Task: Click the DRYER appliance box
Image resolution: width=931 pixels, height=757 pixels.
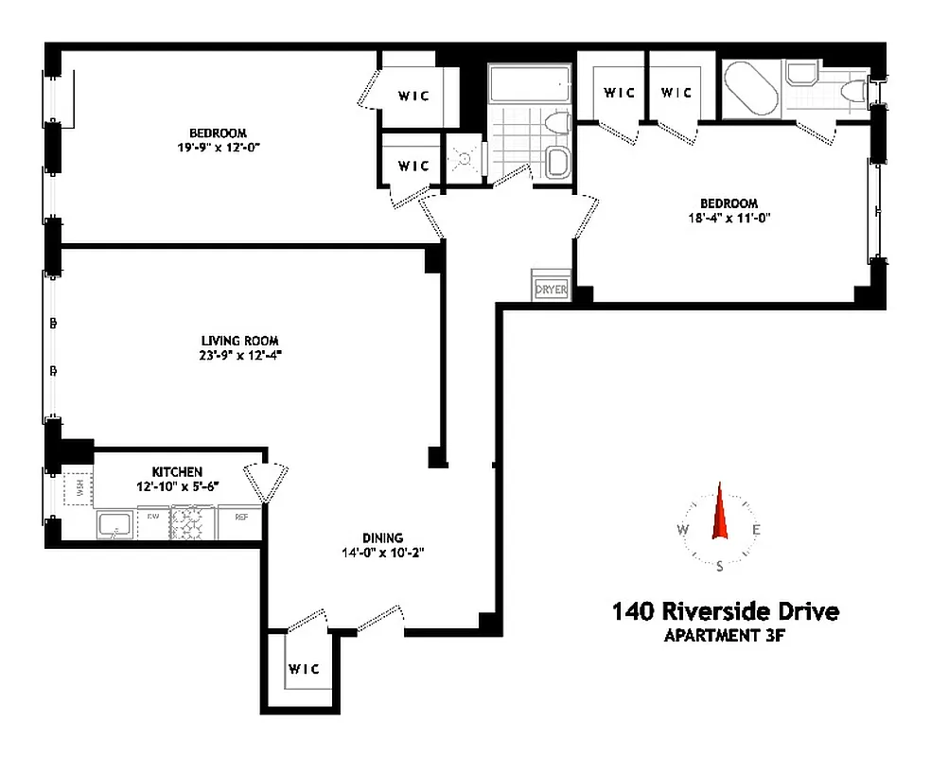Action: point(551,289)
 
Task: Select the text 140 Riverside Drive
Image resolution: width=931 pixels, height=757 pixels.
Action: point(726,612)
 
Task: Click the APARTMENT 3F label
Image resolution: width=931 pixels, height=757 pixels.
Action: point(725,636)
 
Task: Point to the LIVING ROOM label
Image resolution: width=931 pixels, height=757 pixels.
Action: point(239,341)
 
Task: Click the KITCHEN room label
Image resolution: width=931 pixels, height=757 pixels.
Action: point(177,471)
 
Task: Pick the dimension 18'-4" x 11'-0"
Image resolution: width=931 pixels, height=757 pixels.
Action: point(729,219)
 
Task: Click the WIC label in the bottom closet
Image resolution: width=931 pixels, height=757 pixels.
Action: point(305,669)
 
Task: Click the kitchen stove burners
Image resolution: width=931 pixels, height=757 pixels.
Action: point(192,523)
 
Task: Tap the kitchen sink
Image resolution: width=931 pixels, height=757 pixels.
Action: point(116,523)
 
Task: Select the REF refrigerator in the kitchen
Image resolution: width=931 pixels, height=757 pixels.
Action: point(241,518)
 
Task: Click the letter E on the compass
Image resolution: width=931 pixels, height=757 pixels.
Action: point(755,530)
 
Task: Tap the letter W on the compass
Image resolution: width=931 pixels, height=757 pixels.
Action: point(682,530)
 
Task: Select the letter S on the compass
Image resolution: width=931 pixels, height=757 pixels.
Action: point(720,567)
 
